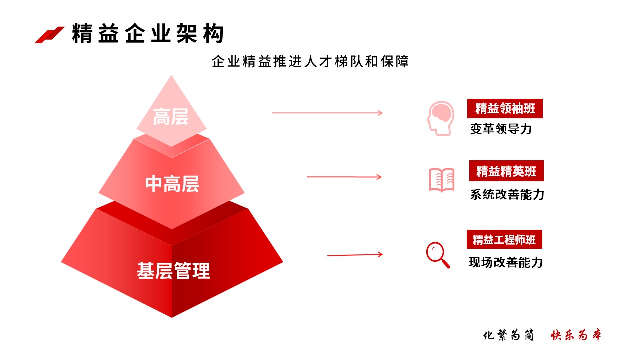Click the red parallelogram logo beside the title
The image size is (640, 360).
point(49,35)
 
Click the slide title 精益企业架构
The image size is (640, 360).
point(148,33)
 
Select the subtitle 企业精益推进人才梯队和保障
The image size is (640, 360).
point(310,61)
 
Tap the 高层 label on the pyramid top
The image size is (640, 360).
point(171,117)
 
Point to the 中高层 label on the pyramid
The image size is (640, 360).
point(172,184)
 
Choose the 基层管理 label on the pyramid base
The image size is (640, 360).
point(173,271)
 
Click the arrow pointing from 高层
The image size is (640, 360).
point(327,113)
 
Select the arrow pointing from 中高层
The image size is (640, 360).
point(344,177)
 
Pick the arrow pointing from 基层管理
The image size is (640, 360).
point(355,255)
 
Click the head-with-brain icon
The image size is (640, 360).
point(441,118)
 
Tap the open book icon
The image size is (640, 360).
point(442,180)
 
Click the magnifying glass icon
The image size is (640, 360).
point(438,255)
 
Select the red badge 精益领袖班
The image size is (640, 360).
point(505,109)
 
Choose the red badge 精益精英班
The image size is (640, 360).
point(506,171)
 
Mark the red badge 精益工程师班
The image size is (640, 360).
point(504,239)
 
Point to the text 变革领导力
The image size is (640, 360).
point(501,129)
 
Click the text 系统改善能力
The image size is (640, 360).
point(507,194)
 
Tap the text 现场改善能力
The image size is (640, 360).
point(505,262)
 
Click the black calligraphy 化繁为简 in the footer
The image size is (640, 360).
point(508,335)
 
